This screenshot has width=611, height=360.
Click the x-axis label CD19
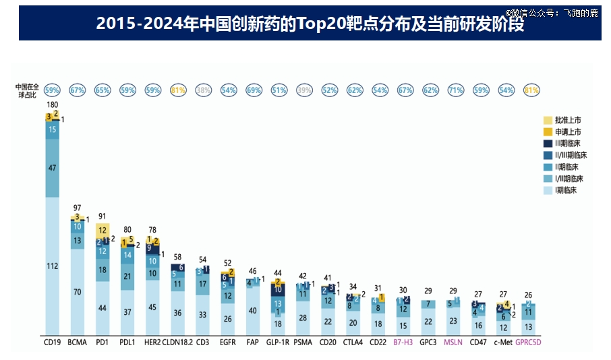pos(52,342)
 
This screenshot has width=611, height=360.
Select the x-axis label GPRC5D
pos(529,342)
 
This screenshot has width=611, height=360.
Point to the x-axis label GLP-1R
pos(278,342)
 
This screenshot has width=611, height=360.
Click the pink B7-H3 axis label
pos(403,342)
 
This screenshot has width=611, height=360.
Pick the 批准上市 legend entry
pos(565,119)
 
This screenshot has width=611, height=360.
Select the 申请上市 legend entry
pos(565,131)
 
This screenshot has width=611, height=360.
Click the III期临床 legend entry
pos(565,143)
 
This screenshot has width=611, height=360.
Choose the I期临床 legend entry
pos(565,190)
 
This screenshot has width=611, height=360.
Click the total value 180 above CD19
pos(52,105)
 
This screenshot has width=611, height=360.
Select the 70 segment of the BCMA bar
pos(78,292)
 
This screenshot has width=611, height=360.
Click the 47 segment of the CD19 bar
pos(52,168)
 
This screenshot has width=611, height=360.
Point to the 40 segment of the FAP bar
pos(253,311)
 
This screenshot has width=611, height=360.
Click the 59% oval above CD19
pos(52,90)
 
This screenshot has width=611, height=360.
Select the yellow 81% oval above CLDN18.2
pos(178,90)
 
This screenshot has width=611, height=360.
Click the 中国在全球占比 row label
pos(28,90)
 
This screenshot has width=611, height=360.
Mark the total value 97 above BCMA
pos(78,207)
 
